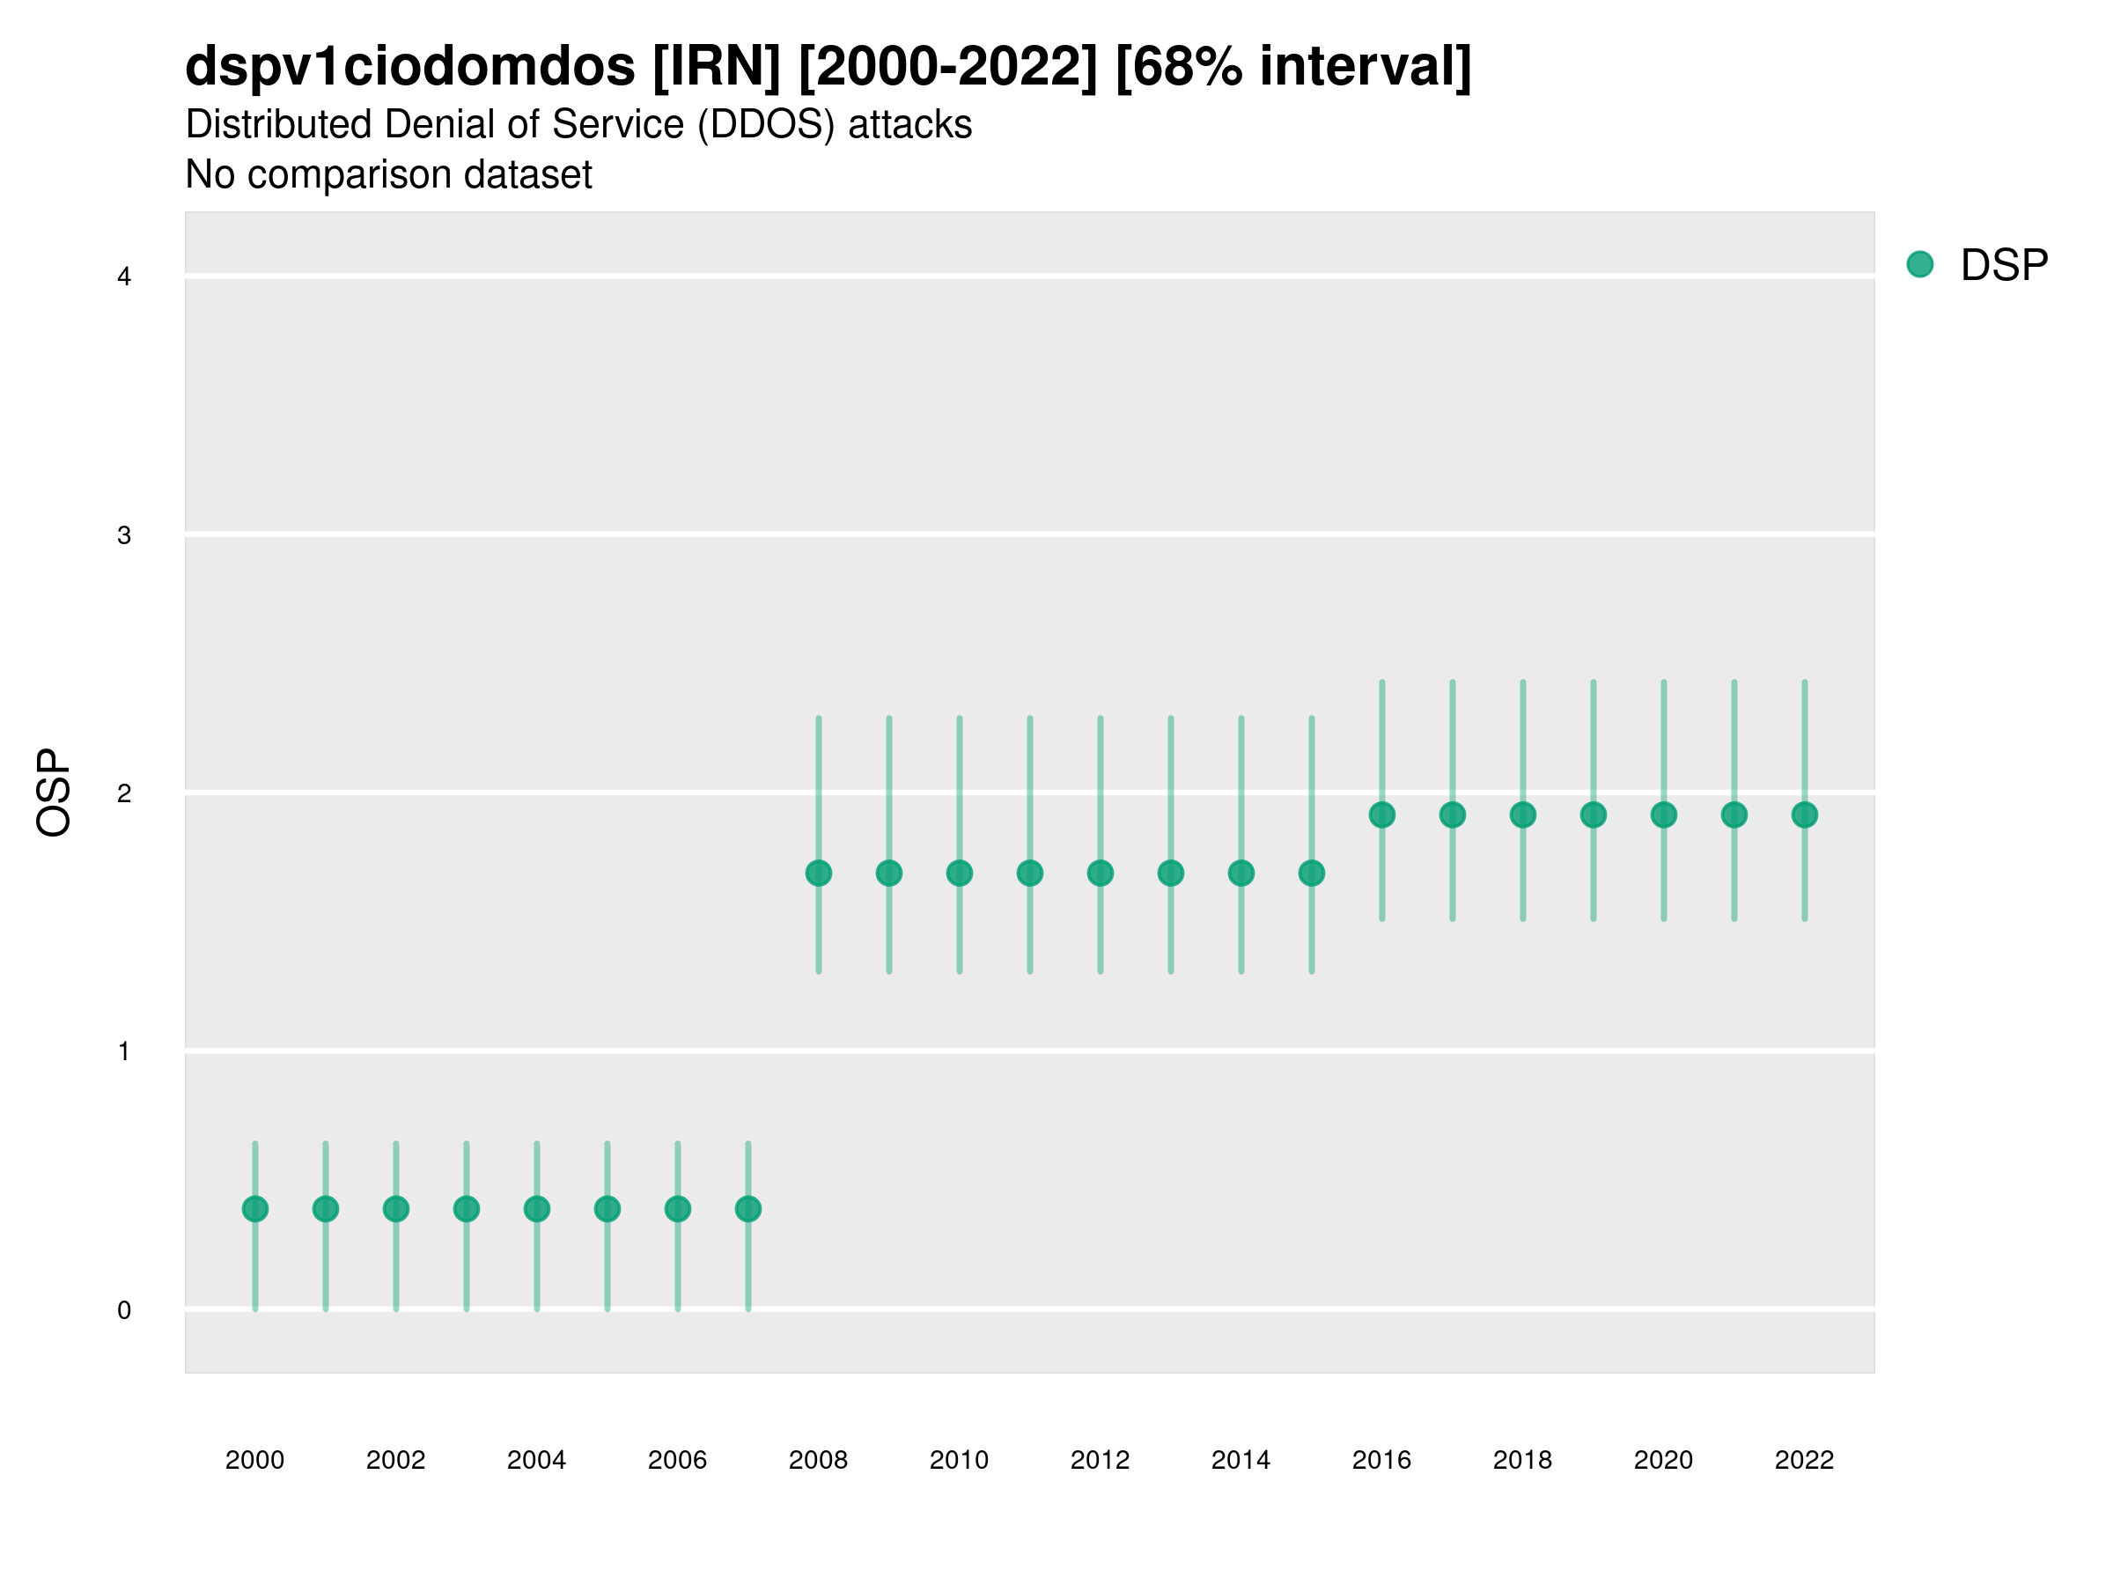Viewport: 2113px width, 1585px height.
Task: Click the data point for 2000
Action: (x=255, y=1209)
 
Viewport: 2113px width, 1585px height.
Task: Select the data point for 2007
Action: (x=748, y=1209)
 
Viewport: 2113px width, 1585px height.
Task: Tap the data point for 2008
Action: (x=819, y=873)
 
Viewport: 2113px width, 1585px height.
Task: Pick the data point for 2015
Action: (x=1312, y=873)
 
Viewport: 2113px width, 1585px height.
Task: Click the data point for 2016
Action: (x=1382, y=814)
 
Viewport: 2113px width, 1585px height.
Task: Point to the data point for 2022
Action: (x=1805, y=814)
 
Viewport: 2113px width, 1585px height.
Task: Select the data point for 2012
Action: (x=1101, y=873)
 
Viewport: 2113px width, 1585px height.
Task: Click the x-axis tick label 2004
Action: (x=536, y=1460)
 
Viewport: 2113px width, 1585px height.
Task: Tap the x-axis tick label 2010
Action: (x=959, y=1460)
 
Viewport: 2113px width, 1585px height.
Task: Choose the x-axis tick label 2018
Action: (x=1522, y=1460)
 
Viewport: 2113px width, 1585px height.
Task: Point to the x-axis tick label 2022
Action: (x=1805, y=1460)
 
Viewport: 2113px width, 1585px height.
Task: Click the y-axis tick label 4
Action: (x=124, y=277)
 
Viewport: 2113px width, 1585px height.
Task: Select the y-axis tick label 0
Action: (x=124, y=1310)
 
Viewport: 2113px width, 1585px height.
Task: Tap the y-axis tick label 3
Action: (x=124, y=535)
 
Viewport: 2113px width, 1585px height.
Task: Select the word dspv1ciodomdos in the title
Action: (x=409, y=67)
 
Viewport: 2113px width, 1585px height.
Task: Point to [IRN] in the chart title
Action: (x=717, y=67)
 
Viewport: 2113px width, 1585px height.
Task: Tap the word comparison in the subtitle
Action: (x=344, y=175)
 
